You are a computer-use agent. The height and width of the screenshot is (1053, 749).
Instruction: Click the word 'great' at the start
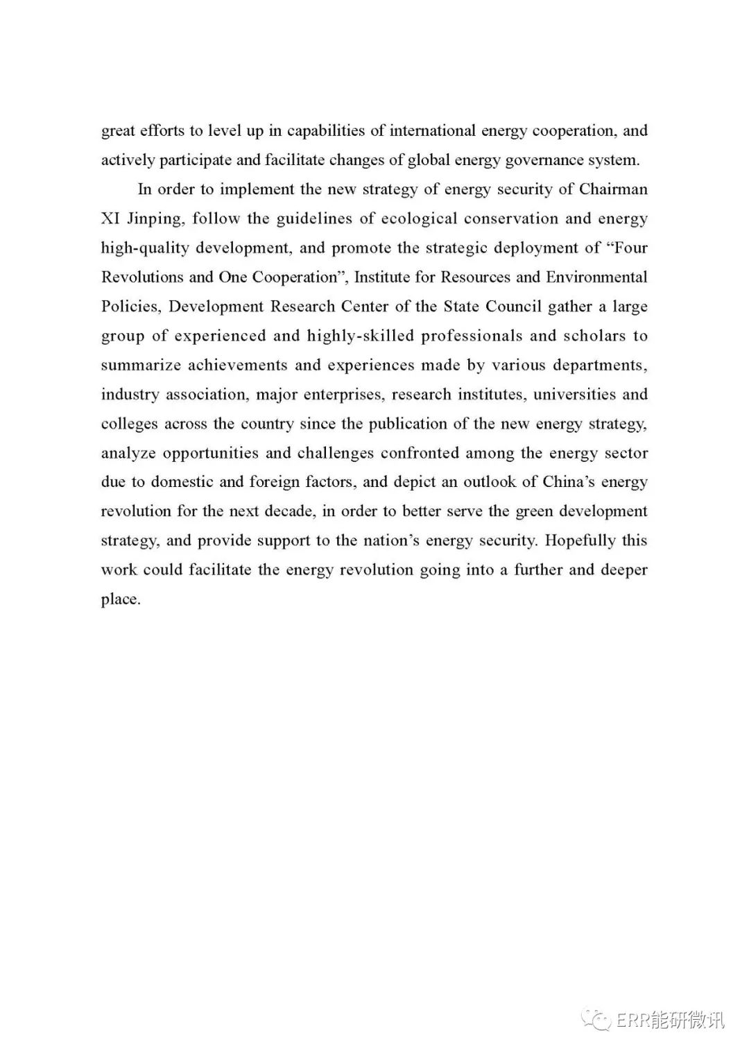[118, 132]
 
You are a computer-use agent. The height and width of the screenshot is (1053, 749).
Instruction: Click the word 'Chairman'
[613, 189]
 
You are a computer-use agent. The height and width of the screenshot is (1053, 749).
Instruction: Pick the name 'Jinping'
[155, 220]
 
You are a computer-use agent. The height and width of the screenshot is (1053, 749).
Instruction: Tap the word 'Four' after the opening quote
[630, 248]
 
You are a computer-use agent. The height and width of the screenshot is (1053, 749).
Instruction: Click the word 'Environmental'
[596, 277]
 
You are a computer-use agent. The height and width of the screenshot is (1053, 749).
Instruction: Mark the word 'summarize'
[140, 365]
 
